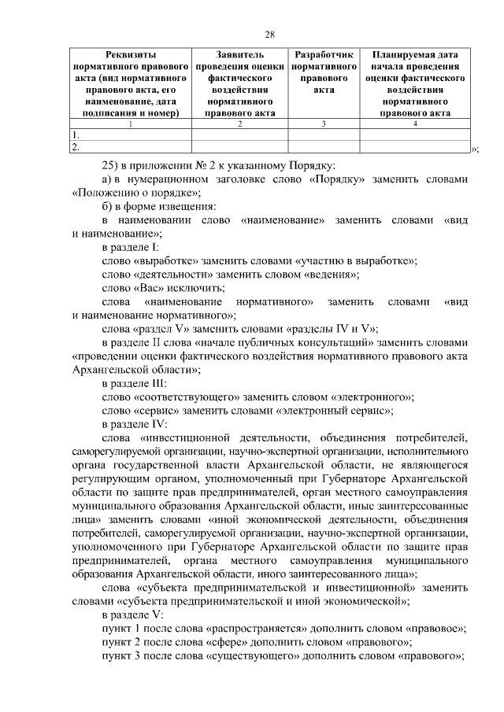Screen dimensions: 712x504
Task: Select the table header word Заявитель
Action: (239, 56)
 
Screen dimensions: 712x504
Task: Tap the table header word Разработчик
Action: (324, 56)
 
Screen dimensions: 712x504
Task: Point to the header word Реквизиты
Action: (130, 56)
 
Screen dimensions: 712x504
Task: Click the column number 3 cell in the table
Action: (324, 124)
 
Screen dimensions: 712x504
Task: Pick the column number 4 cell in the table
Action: (414, 124)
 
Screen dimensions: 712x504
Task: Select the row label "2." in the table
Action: (76, 146)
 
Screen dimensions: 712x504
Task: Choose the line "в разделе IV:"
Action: (135, 426)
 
